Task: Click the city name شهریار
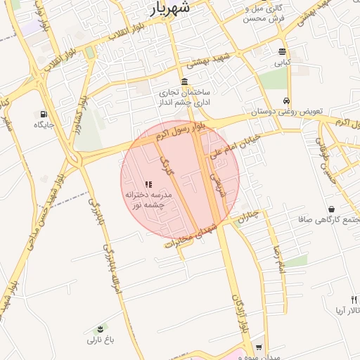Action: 170,8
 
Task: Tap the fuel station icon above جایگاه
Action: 44,114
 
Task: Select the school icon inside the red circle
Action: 148,184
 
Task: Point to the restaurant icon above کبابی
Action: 282,51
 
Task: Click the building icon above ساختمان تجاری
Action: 184,81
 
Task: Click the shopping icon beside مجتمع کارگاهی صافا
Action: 331,209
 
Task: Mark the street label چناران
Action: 248,217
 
